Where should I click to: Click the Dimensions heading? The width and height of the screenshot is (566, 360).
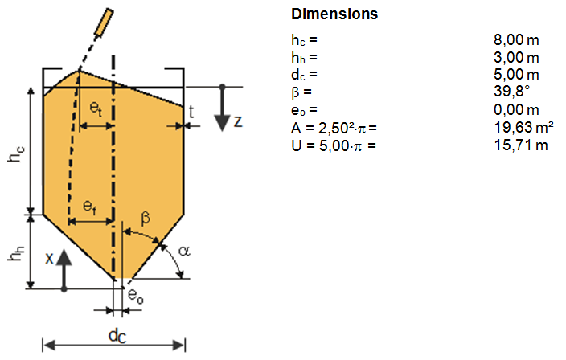pyautogui.click(x=334, y=14)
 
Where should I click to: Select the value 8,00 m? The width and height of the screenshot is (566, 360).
pyautogui.click(x=515, y=39)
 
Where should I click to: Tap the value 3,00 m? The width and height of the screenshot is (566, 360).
pyautogui.click(x=515, y=57)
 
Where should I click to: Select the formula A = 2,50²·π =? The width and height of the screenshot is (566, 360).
pyautogui.click(x=334, y=127)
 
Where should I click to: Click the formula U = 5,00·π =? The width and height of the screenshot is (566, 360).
pyautogui.click(x=334, y=145)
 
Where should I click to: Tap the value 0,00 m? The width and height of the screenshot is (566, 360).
pyautogui.click(x=515, y=109)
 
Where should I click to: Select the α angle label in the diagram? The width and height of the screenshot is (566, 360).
pyautogui.click(x=183, y=252)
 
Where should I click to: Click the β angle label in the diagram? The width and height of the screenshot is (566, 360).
pyautogui.click(x=146, y=217)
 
